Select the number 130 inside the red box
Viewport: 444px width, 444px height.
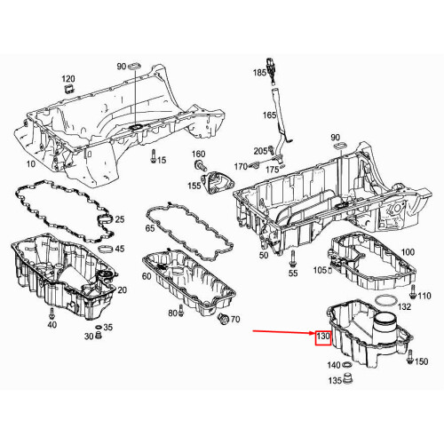pos(322,338)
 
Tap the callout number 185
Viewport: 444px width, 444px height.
pos(259,72)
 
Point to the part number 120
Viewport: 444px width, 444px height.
pos(68,79)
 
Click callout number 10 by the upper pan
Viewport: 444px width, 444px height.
pos(31,165)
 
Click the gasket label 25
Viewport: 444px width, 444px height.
pos(121,218)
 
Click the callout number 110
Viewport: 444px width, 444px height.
pos(424,296)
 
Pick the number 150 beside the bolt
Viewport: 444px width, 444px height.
pos(421,361)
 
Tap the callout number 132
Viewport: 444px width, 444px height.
pos(404,306)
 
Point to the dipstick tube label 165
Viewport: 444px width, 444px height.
pos(268,115)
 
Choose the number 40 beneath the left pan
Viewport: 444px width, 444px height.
pos(51,325)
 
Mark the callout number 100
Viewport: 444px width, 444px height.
pos(408,252)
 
